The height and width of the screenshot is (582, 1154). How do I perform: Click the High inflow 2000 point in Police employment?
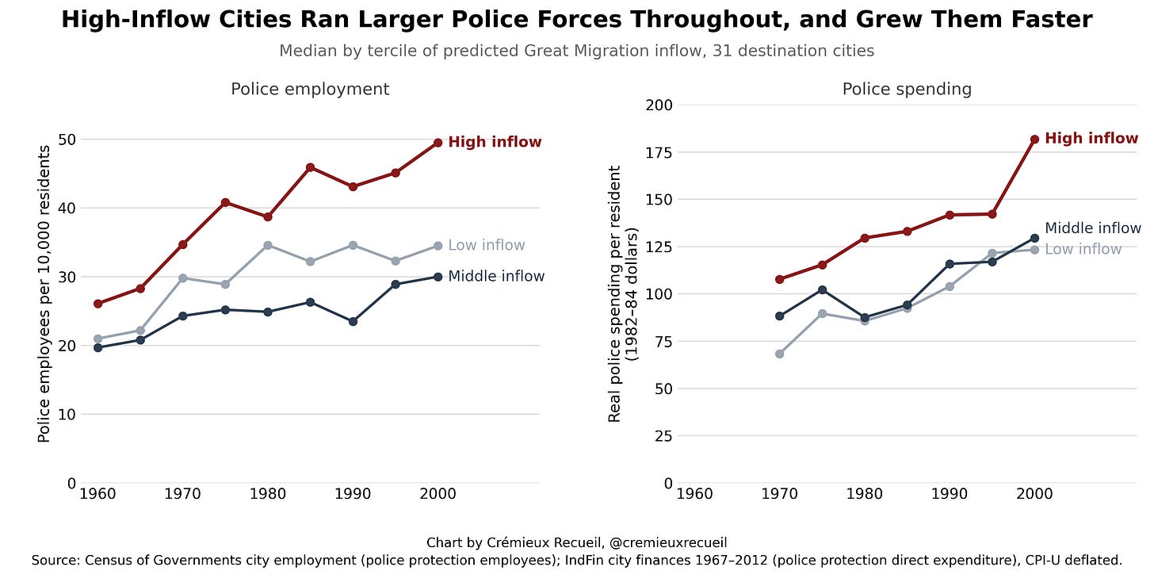pyautogui.click(x=438, y=143)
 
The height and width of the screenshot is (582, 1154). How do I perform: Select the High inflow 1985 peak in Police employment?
pyautogui.click(x=310, y=167)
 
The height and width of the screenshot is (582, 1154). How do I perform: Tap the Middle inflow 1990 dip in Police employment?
pyautogui.click(x=353, y=322)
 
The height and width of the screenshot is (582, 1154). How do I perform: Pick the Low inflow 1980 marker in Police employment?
pyautogui.click(x=268, y=245)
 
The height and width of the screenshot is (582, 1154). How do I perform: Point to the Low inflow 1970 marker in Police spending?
pyautogui.click(x=779, y=354)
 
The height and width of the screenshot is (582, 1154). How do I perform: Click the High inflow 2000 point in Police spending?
pyautogui.click(x=1034, y=140)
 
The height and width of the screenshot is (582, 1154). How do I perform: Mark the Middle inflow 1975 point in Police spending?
pyautogui.click(x=822, y=290)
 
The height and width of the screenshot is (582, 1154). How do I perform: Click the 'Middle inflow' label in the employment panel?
pyautogui.click(x=496, y=276)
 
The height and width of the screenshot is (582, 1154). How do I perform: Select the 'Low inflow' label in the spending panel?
pyautogui.click(x=1083, y=250)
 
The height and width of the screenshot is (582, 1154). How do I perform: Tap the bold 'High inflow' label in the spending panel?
pyautogui.click(x=1091, y=138)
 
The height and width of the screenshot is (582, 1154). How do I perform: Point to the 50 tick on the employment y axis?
pyautogui.click(x=67, y=140)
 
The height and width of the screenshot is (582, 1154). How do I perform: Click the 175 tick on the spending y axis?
pyautogui.click(x=659, y=152)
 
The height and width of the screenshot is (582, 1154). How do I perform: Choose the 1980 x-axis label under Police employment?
pyautogui.click(x=268, y=494)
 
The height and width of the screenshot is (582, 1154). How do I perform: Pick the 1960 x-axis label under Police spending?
pyautogui.click(x=694, y=494)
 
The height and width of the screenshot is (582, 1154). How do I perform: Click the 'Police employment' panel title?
pyautogui.click(x=310, y=89)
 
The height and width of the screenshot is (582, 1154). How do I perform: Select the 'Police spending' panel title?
pyautogui.click(x=907, y=89)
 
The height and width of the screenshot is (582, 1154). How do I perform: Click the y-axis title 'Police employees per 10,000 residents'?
pyautogui.click(x=44, y=294)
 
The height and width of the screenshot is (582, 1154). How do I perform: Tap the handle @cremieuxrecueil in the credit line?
pyautogui.click(x=668, y=543)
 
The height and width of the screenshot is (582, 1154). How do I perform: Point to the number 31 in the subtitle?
pyautogui.click(x=721, y=51)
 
